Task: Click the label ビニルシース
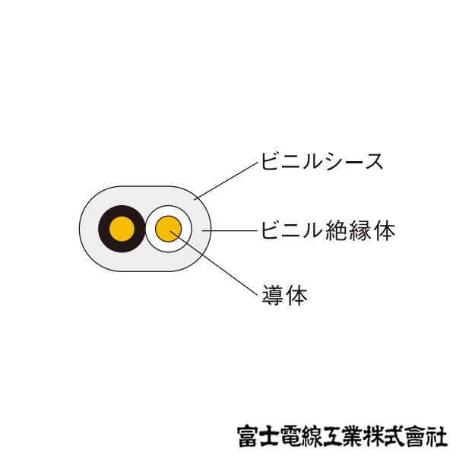(x=321, y=162)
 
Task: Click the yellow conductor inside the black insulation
(x=122, y=229)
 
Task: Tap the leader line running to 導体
(x=220, y=266)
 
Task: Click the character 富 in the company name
(x=248, y=435)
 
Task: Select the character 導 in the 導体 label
(x=272, y=295)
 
